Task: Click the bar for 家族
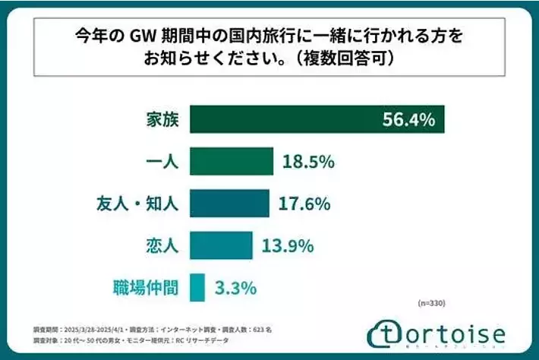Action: [317, 119]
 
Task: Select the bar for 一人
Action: [231, 162]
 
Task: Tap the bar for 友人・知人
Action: [229, 204]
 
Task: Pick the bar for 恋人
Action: [221, 245]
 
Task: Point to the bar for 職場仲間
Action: [197, 287]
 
